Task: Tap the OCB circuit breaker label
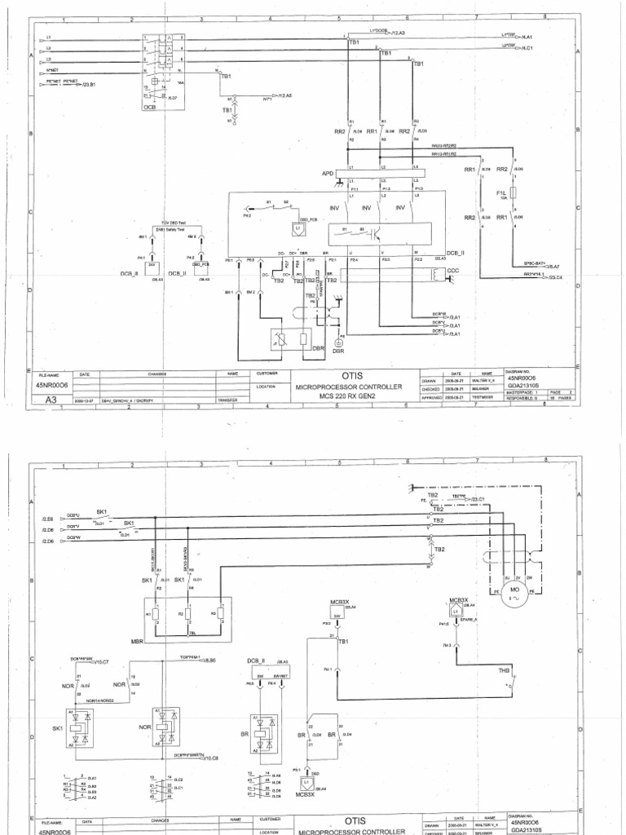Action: pyautogui.click(x=149, y=107)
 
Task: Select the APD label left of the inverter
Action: pyautogui.click(x=328, y=173)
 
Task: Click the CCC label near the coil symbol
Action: pyautogui.click(x=453, y=270)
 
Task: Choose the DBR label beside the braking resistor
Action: pyautogui.click(x=319, y=347)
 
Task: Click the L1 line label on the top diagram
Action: pyautogui.click(x=49, y=38)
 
